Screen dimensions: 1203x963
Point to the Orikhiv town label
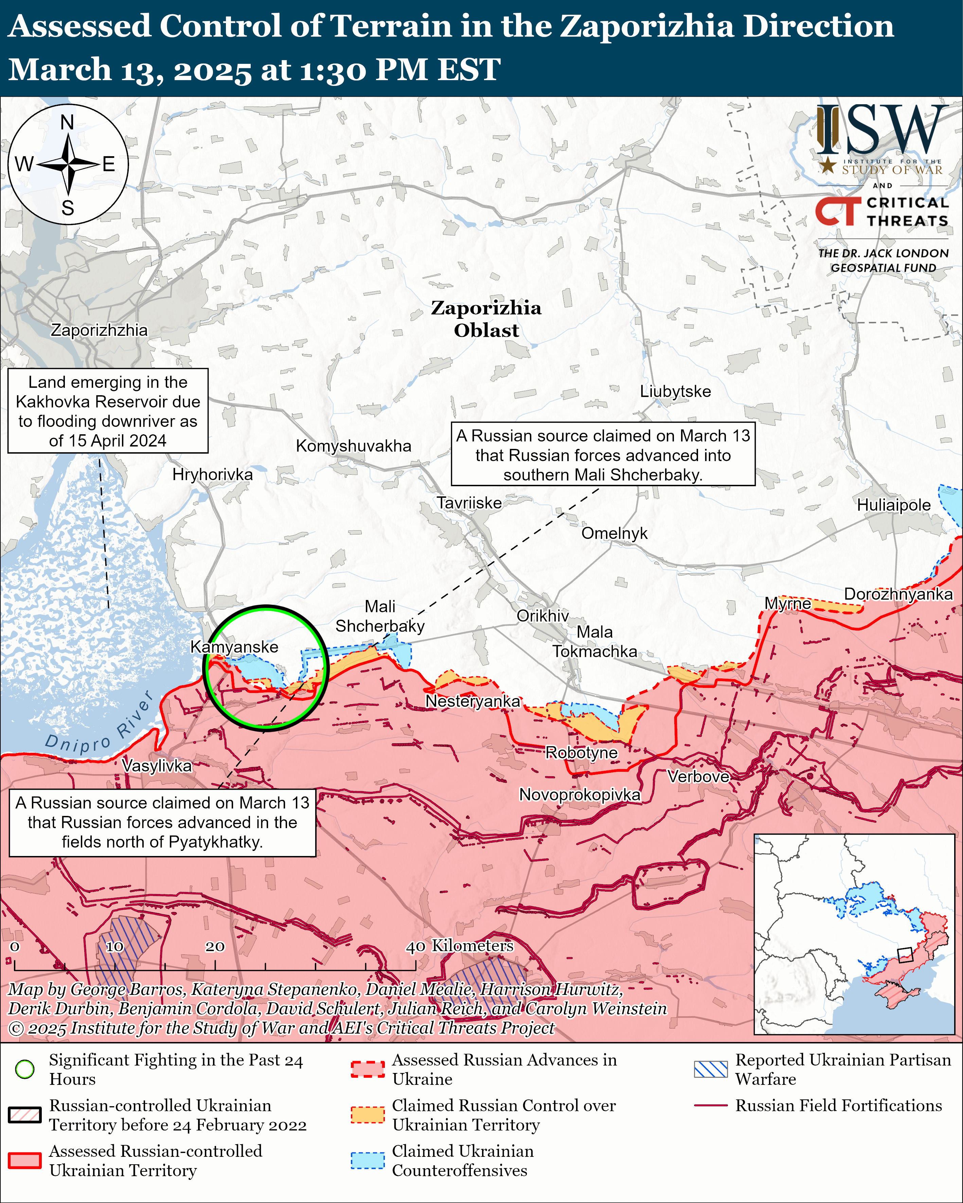coord(542,616)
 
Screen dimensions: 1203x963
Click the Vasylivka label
coord(157,766)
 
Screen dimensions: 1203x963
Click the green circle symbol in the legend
coord(25,1069)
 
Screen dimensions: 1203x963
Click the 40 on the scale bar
coord(415,946)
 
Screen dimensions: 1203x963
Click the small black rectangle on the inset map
coord(904,955)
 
